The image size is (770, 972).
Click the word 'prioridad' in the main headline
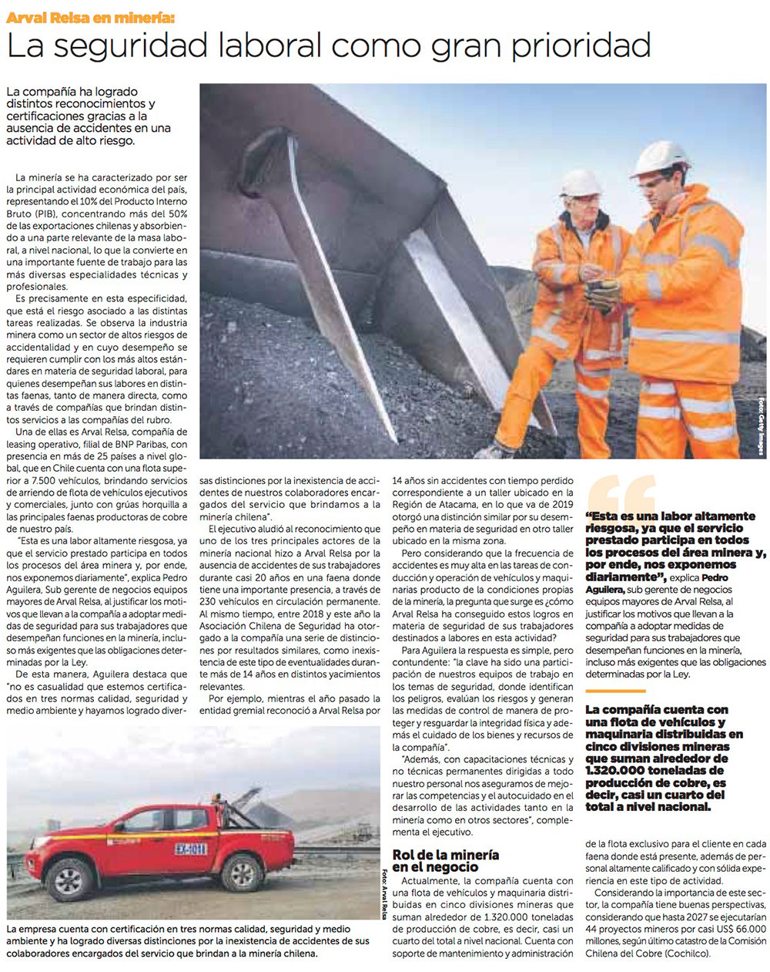(x=582, y=46)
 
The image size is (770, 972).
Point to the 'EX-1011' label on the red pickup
(x=191, y=849)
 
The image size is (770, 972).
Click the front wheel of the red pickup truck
(x=241, y=873)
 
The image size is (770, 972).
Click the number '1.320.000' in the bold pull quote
(x=617, y=770)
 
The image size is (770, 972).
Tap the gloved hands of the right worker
(x=601, y=291)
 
